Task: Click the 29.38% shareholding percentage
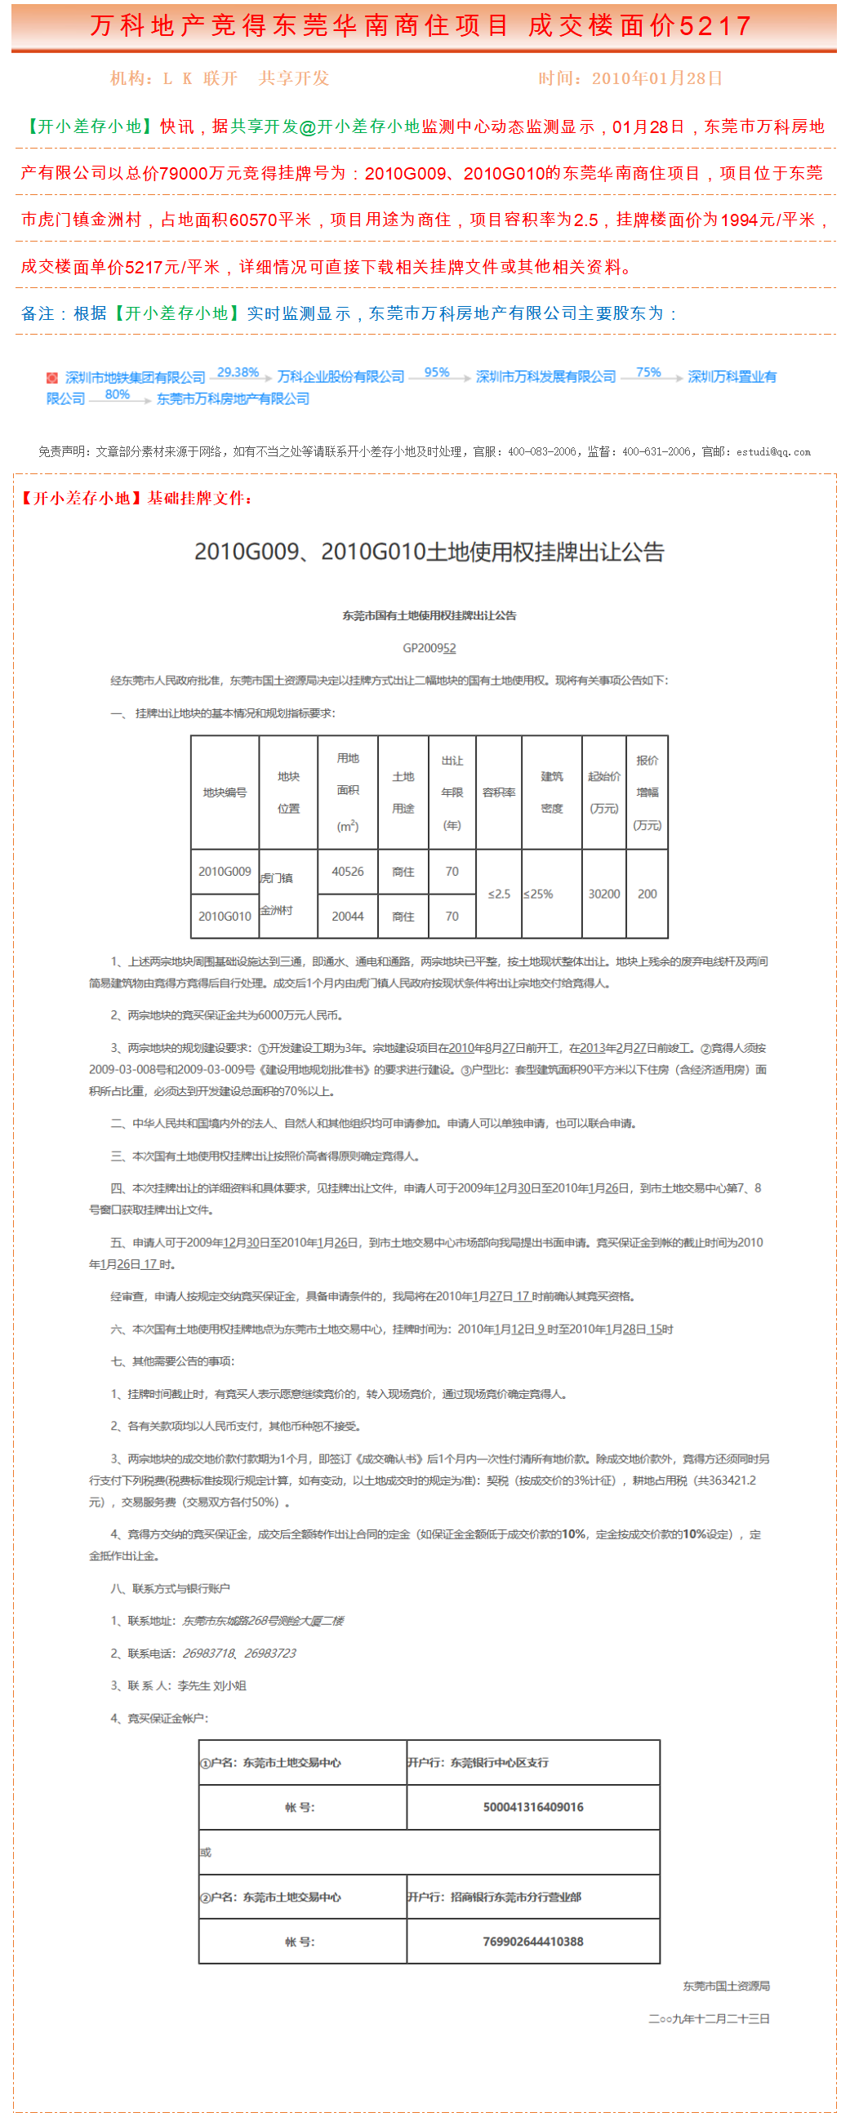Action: click(238, 372)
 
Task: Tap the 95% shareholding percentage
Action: click(437, 372)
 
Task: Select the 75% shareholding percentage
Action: click(648, 372)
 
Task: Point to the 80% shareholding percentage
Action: click(118, 394)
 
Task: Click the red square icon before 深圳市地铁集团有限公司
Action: click(51, 377)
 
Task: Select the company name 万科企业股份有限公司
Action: click(340, 376)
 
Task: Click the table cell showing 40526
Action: click(348, 871)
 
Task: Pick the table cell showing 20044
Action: click(348, 917)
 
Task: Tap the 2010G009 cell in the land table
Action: click(225, 871)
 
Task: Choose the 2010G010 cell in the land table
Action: click(225, 917)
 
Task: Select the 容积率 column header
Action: click(499, 792)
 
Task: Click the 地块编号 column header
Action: click(225, 792)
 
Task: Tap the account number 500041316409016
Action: click(533, 1807)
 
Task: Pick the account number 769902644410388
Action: click(533, 1942)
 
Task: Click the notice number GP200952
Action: click(429, 648)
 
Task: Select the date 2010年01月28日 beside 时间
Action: click(657, 78)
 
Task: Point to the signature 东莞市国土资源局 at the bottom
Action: click(726, 1986)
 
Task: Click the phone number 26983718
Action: click(208, 1653)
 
